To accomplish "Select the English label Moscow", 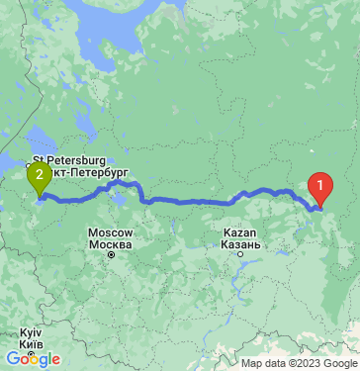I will pyautogui.click(x=110, y=232).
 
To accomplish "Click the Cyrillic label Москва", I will pyautogui.click(x=110, y=243).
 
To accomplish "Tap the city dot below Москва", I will pyautogui.click(x=111, y=254).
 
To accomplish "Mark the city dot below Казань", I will pyautogui.click(x=237, y=253).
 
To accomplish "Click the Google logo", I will pyautogui.click(x=34, y=359).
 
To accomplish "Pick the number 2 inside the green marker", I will pyautogui.click(x=39, y=175).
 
